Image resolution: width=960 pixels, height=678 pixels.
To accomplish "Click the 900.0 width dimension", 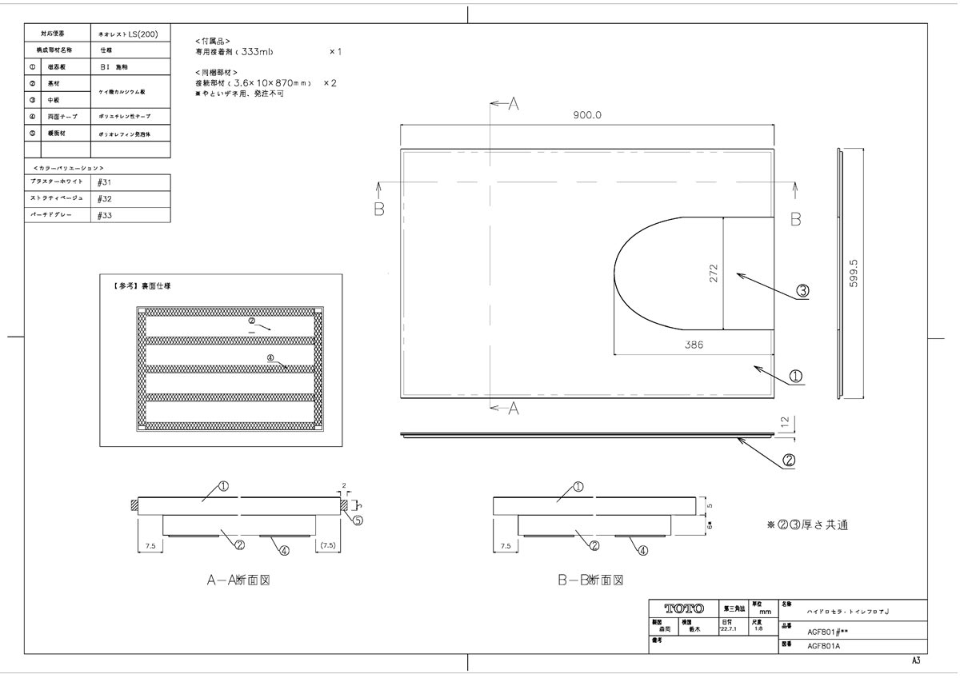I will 586,115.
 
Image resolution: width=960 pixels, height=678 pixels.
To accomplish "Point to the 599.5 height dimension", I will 853,273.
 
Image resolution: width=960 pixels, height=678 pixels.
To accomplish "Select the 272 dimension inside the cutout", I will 714,273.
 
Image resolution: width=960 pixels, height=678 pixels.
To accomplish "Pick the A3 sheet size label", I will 915,661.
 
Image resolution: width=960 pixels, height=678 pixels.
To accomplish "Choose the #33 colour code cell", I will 104,215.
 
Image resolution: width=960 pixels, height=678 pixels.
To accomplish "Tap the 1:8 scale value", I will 757,628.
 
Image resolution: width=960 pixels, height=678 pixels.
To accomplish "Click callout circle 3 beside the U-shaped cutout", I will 802,292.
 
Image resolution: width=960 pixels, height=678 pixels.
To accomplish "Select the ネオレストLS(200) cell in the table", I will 129,36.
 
